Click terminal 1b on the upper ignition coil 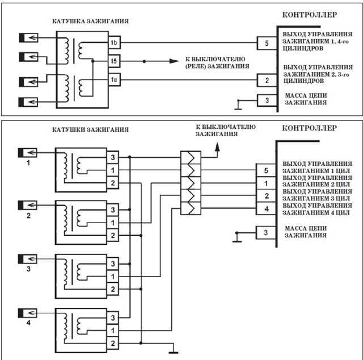[x=115, y=43]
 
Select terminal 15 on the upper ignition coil [x=115, y=61]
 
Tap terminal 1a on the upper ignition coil [x=115, y=79]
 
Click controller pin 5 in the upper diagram [x=267, y=43]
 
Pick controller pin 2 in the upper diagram [x=267, y=81]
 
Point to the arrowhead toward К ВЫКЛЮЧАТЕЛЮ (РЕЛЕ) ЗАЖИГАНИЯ [x=174, y=61]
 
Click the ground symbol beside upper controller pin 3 [x=238, y=105]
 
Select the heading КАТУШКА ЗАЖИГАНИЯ [x=90, y=21]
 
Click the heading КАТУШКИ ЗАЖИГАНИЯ [x=90, y=129]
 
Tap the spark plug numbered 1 [x=28, y=153]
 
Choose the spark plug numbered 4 [x=28, y=313]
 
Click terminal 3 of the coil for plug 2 [x=113, y=210]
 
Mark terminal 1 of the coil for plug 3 [x=113, y=277]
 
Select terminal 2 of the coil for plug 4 [x=113, y=343]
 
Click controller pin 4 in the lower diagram [x=266, y=208]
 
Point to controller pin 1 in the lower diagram [x=266, y=183]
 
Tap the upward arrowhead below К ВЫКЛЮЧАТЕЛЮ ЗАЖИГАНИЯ [x=217, y=147]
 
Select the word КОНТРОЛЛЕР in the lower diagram [x=309, y=128]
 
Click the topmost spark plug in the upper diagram [x=28, y=38]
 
